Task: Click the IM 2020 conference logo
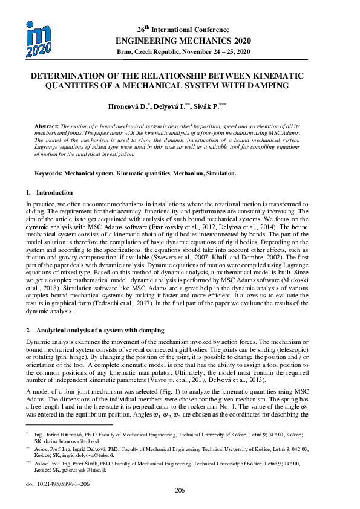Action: [38, 39]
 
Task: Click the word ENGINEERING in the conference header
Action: [140, 41]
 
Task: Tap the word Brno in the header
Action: [126, 53]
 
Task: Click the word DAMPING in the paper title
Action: [265, 85]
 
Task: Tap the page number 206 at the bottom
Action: [180, 490]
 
